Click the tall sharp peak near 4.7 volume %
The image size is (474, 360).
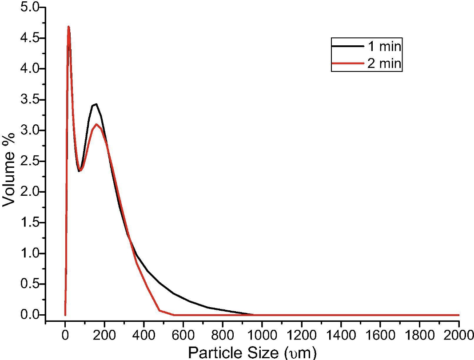(68, 27)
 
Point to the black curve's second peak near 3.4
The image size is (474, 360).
(96, 104)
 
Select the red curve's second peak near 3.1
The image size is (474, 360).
(96, 124)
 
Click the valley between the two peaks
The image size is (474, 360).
(80, 170)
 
